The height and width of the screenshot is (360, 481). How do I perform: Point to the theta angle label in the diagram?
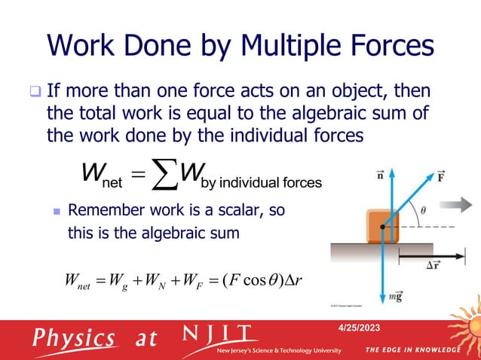point(423,213)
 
